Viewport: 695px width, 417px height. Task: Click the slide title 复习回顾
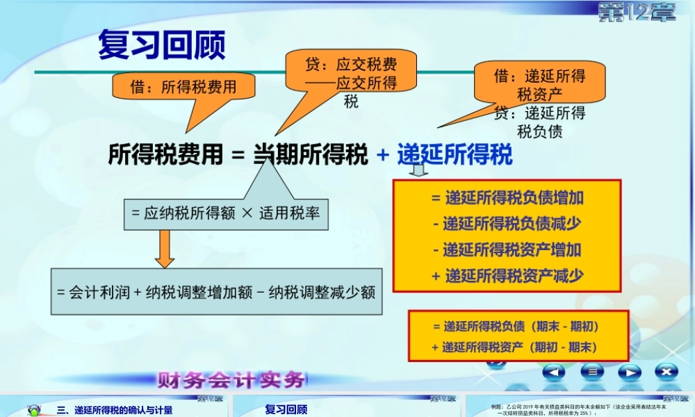[161, 46]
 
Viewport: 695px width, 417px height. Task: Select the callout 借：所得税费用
[183, 87]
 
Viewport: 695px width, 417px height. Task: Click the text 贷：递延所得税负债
[539, 122]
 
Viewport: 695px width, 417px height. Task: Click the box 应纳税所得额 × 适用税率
[225, 214]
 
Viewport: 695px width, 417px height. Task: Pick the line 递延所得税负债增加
[507, 198]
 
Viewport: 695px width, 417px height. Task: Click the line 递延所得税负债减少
[507, 224]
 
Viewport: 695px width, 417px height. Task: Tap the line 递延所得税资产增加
[507, 250]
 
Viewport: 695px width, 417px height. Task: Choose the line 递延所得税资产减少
[507, 275]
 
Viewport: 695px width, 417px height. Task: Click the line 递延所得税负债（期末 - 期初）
[518, 326]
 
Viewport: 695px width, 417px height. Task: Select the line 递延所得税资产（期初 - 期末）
[518, 347]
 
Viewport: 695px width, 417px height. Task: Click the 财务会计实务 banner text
[231, 381]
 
